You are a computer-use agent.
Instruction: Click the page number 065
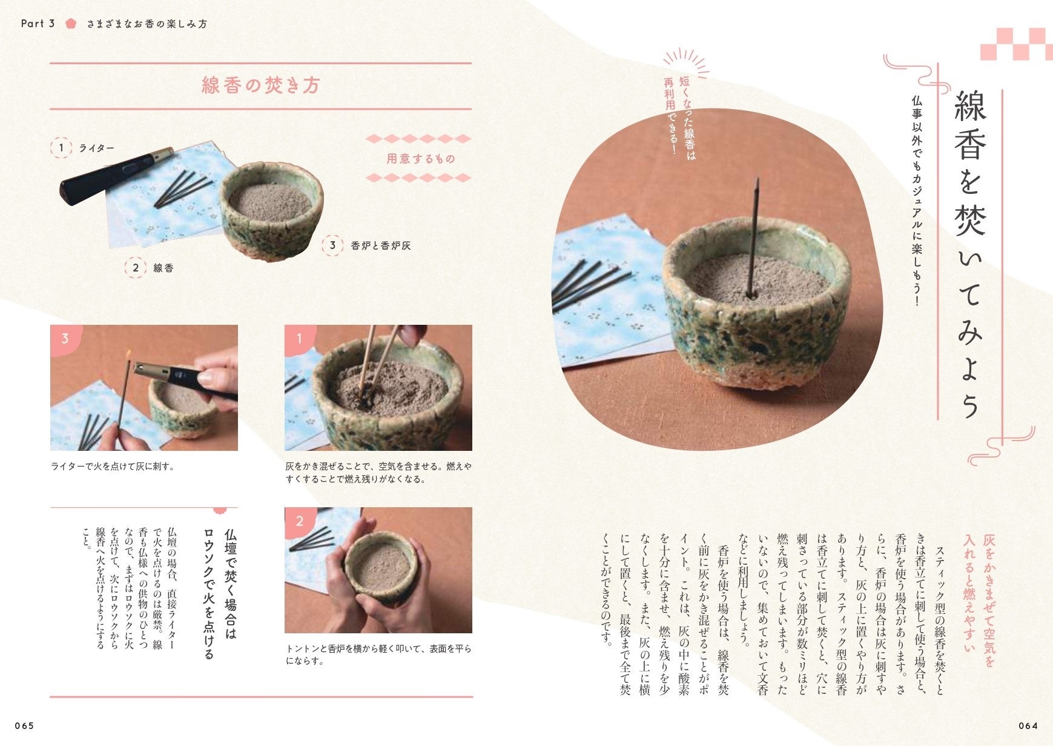[25, 725]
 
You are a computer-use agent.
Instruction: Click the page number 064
[1028, 725]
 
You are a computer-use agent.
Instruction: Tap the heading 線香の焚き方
[260, 85]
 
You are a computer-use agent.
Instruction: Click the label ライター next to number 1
[96, 148]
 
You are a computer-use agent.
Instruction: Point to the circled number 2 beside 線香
[136, 268]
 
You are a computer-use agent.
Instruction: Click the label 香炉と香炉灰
[380, 245]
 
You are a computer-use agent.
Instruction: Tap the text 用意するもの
[420, 159]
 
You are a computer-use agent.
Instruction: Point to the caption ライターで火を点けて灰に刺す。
[113, 467]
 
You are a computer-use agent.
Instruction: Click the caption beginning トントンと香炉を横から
[378, 654]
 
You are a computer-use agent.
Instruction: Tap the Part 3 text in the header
[38, 24]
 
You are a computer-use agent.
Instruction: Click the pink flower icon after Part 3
[71, 24]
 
